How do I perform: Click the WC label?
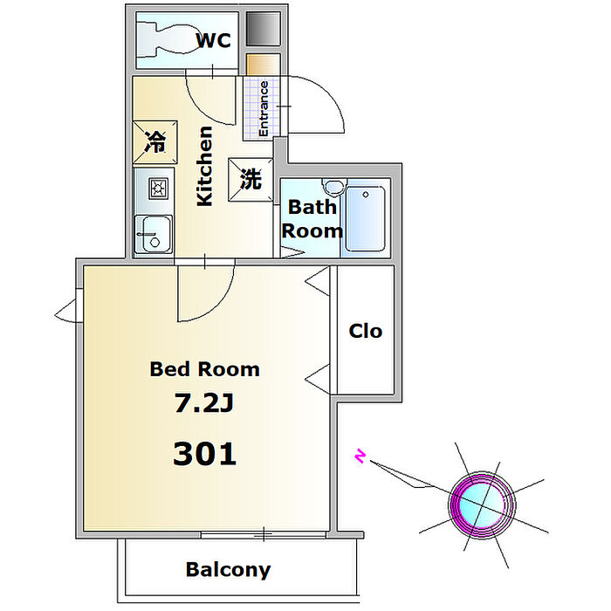click(213, 40)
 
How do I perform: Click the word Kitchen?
click(204, 166)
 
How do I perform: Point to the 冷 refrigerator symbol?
click(154, 141)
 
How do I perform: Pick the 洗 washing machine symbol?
click(251, 180)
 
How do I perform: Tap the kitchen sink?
click(154, 233)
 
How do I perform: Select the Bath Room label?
click(312, 219)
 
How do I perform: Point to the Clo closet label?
click(366, 331)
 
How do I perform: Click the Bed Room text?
click(205, 369)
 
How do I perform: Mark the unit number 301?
click(205, 453)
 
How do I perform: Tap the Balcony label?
click(228, 570)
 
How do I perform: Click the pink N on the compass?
click(359, 456)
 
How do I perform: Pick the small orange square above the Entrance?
click(258, 65)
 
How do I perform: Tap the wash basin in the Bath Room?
click(332, 188)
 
